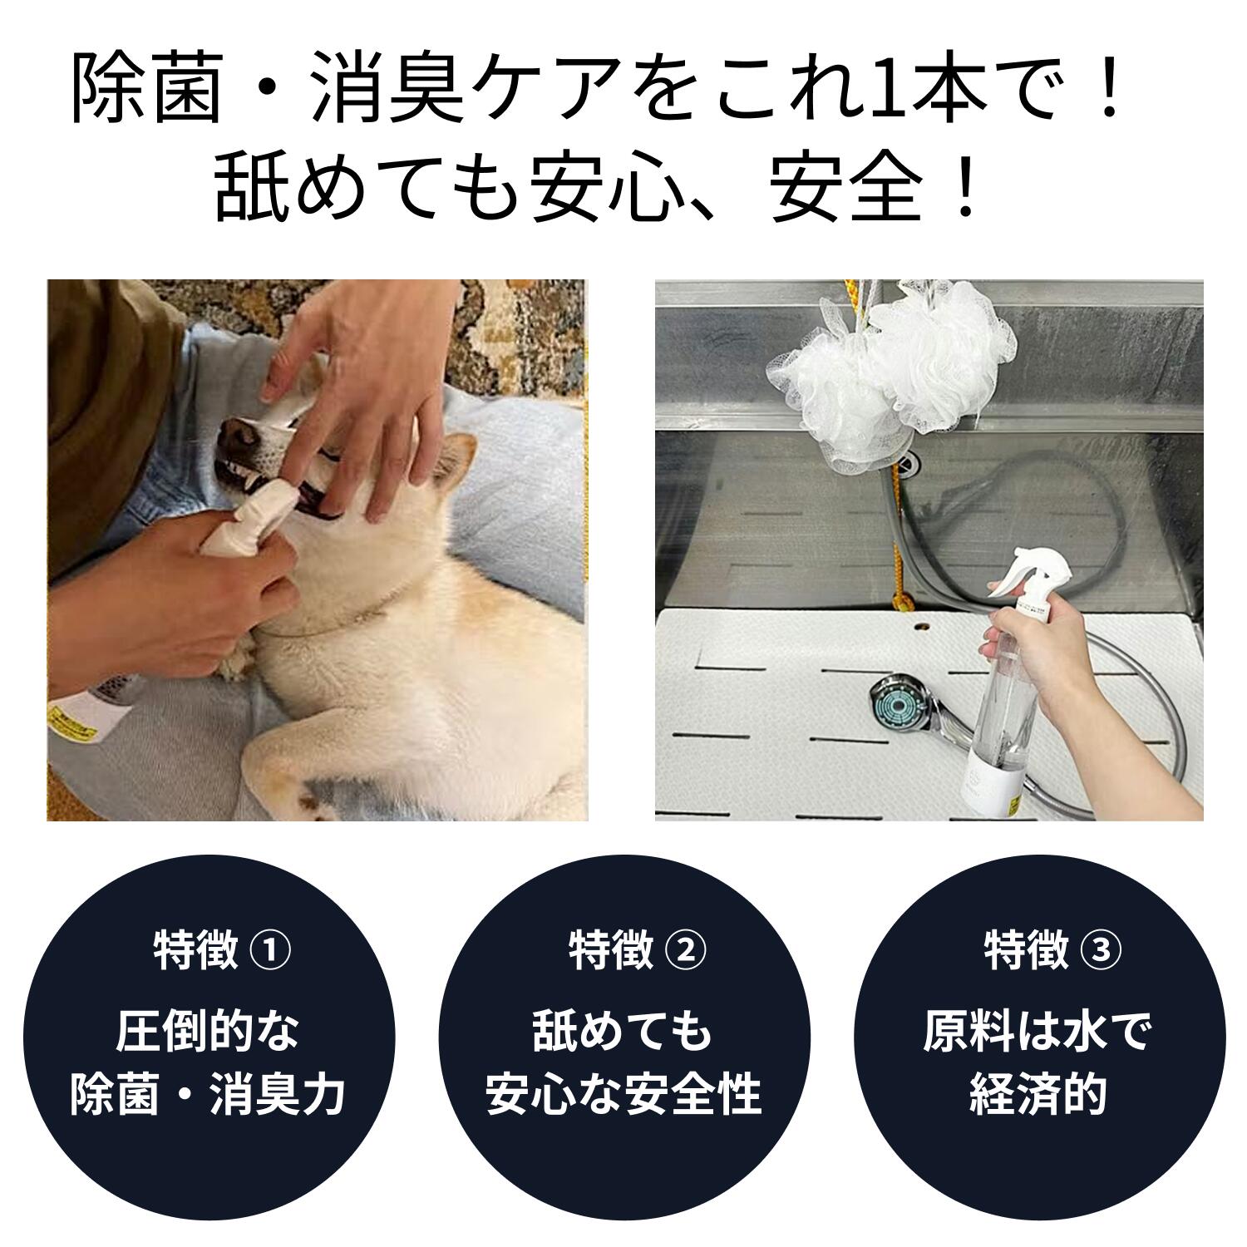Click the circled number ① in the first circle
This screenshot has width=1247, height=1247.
pyautogui.click(x=270, y=951)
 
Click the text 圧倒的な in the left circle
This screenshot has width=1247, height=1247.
pyautogui.click(x=207, y=1032)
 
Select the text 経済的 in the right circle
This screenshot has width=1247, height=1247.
pyautogui.click(x=1038, y=1094)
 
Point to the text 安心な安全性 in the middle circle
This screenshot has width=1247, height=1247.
pyautogui.click(x=623, y=1094)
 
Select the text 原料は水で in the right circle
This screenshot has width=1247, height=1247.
pyautogui.click(x=1038, y=1032)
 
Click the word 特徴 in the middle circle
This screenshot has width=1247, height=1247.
pyautogui.click(x=611, y=951)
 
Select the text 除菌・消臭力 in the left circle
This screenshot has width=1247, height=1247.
pyautogui.click(x=207, y=1094)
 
